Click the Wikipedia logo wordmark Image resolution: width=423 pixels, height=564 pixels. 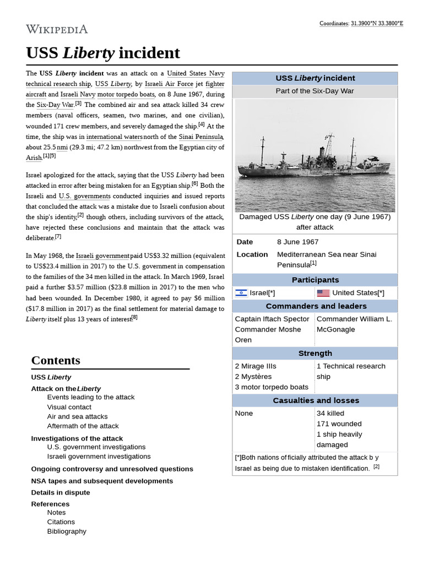(57, 29)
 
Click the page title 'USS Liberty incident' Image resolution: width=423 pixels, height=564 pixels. (103, 53)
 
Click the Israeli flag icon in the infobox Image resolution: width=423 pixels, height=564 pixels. (241, 293)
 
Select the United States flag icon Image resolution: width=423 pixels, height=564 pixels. (323, 293)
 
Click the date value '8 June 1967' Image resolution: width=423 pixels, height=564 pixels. (297, 242)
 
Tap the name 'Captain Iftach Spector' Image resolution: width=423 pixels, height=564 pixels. (272, 319)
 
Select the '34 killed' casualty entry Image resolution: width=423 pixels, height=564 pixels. (330, 413)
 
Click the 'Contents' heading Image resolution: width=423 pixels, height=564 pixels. (56, 360)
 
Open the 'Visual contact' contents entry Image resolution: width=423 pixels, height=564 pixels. (69, 407)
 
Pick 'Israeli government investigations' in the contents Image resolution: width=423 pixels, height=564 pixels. (99, 456)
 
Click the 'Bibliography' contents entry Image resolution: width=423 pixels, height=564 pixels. (67, 532)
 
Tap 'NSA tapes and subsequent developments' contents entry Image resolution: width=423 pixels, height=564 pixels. (102, 481)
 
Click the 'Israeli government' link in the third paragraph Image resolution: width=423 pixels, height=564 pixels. (102, 256)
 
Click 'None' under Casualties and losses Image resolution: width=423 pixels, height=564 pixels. (244, 413)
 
